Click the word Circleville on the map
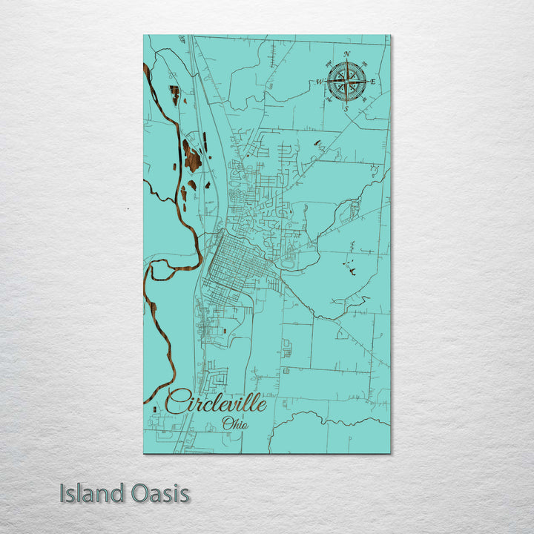tap(216, 403)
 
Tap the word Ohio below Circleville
tap(235, 424)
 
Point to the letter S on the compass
tap(346, 108)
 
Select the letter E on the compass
tap(373, 82)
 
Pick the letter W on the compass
tap(320, 82)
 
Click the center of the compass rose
tap(346, 81)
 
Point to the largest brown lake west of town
tap(192, 158)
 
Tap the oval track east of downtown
tap(288, 261)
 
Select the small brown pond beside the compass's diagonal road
tap(317, 142)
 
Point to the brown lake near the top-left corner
tap(174, 93)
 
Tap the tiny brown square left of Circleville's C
tap(154, 400)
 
